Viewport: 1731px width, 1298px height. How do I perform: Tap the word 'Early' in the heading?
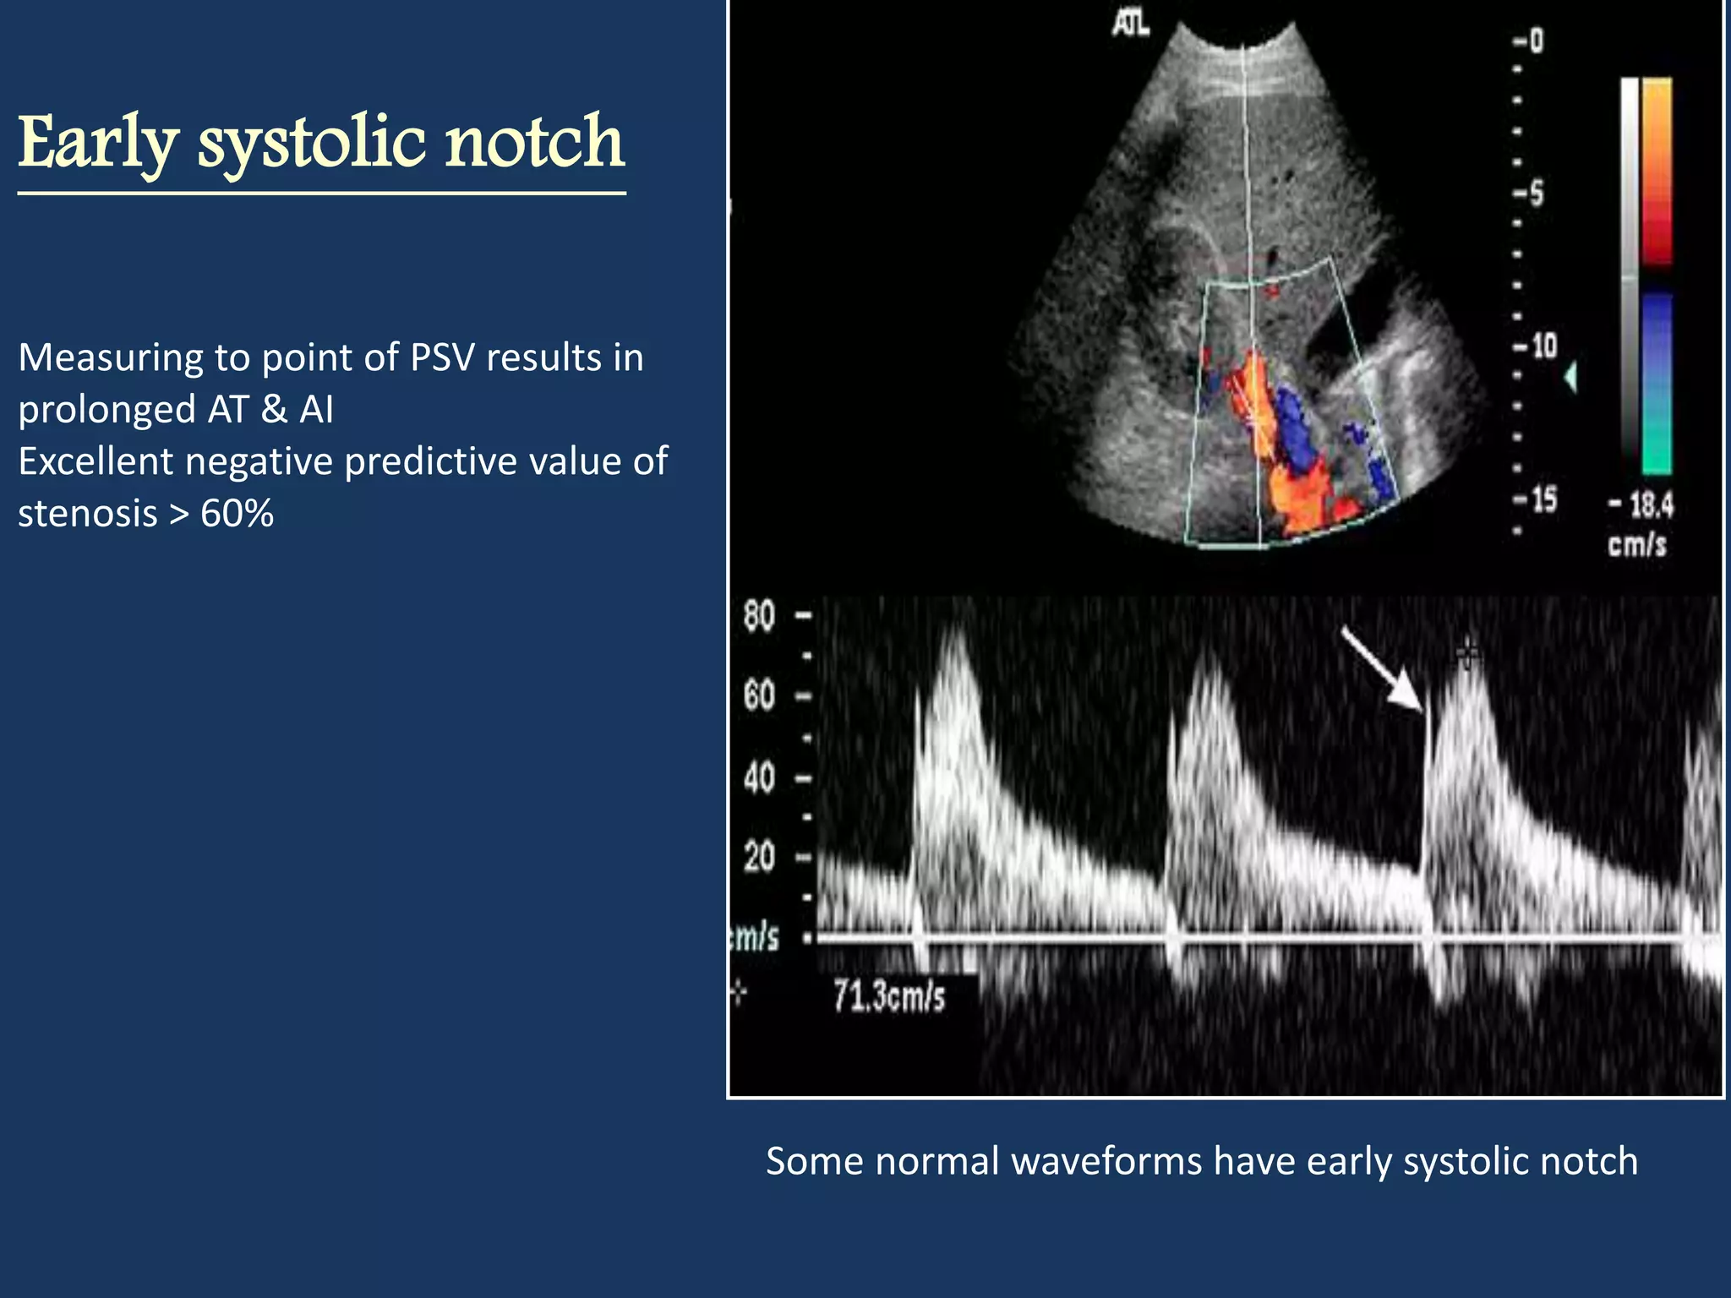click(98, 144)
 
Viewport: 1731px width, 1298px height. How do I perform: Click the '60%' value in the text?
click(237, 514)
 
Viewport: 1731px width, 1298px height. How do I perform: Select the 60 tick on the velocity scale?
click(759, 696)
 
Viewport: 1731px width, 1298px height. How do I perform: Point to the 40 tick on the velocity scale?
click(759, 777)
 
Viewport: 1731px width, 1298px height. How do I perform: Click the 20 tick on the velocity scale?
click(759, 858)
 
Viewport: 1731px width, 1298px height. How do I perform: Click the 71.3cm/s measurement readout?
click(889, 997)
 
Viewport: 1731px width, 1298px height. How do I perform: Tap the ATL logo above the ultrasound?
click(1130, 25)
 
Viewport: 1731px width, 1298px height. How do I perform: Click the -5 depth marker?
click(1530, 194)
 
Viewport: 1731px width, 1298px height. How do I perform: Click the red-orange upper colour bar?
click(1657, 169)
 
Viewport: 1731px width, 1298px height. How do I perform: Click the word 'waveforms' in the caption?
click(1106, 1162)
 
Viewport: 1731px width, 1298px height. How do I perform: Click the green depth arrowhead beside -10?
click(1570, 377)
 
